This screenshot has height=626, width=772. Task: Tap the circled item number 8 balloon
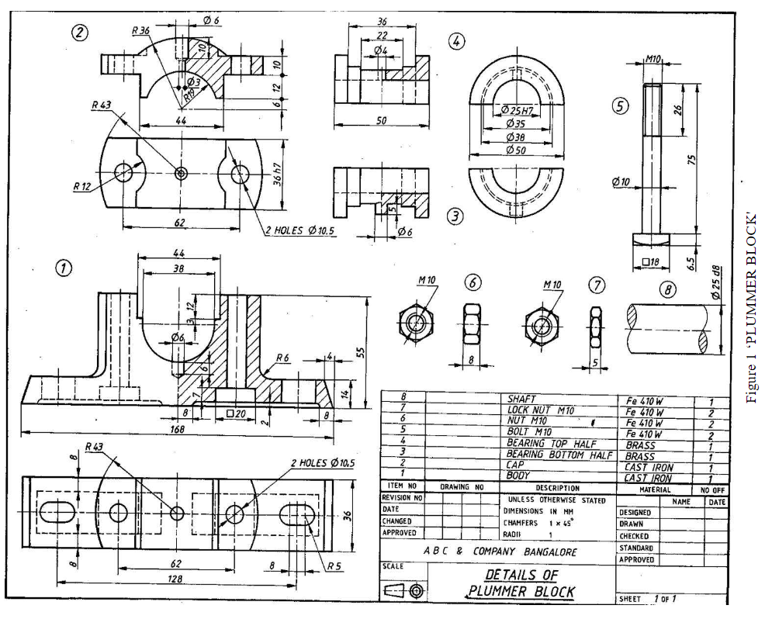coord(667,289)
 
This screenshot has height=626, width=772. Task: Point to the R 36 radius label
coord(140,31)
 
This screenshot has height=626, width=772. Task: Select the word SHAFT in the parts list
coord(521,399)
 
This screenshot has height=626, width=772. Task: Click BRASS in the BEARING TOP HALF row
coord(640,445)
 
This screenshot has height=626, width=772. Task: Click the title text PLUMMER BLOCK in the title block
coord(523,592)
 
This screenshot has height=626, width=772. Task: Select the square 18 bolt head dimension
coord(649,263)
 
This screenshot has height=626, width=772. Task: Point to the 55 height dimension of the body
coord(360,351)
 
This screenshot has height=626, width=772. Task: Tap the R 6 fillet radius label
coord(282,358)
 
